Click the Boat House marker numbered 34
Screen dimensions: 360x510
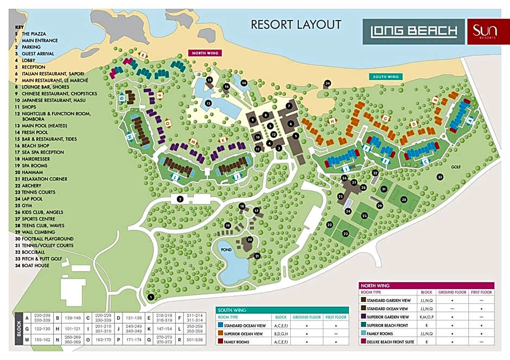327,83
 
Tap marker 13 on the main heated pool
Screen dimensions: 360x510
208,102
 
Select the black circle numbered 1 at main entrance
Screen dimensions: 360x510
151,297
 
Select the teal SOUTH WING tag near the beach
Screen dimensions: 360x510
386,77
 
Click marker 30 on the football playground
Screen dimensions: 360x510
404,200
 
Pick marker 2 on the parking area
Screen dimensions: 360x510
180,200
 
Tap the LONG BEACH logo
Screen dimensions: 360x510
413,31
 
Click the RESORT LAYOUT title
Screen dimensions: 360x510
296,24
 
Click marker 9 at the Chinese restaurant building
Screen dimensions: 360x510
252,120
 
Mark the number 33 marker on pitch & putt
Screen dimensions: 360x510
440,177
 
